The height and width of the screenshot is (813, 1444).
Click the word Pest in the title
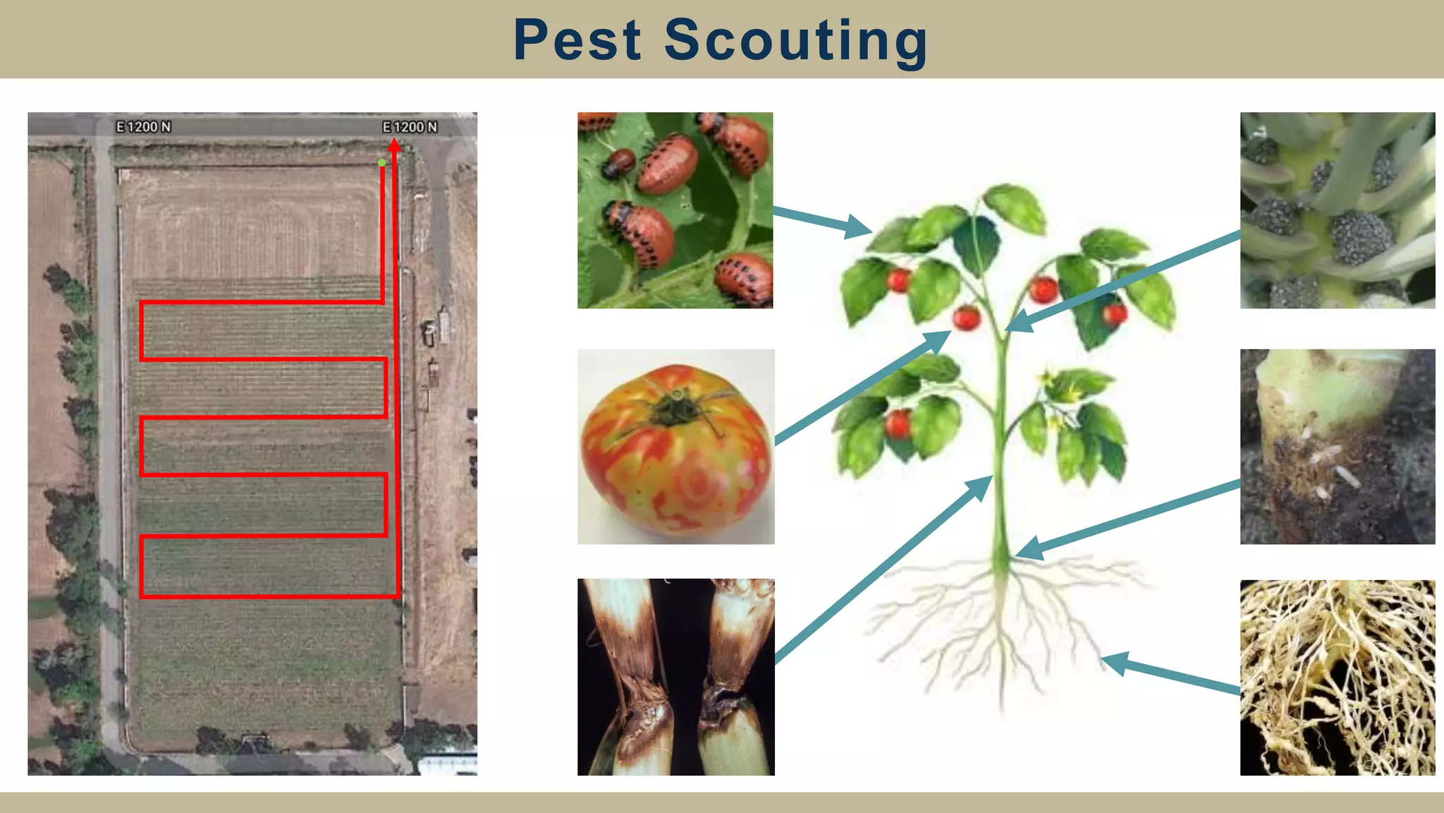[x=577, y=40]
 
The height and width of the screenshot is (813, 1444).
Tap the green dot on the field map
[x=381, y=162]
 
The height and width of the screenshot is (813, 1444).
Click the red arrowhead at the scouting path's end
[x=394, y=145]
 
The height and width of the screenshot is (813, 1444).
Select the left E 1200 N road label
[x=143, y=127]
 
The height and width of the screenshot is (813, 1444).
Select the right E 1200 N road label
[x=410, y=127]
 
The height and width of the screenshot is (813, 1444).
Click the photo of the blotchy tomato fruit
[x=675, y=447]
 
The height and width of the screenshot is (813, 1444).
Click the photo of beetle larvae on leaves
[x=675, y=210]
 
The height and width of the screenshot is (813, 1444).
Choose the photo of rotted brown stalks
[x=675, y=677]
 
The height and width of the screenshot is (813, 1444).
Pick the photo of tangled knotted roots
[x=1337, y=677]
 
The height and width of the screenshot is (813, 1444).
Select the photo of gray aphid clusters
[x=1337, y=210]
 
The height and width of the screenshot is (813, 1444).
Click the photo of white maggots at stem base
[x=1337, y=447]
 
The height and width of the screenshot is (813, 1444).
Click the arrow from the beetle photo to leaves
[x=821, y=219]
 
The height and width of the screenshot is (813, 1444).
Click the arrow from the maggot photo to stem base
[x=1128, y=519]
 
